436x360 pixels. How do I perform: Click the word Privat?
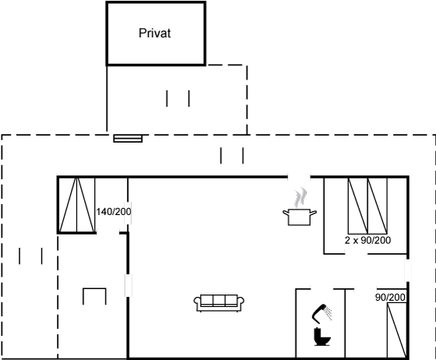pos(155,33)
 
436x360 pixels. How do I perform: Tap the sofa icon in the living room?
pos(219,303)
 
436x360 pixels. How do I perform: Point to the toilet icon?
pos(322,337)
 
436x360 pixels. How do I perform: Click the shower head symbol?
pos(322,313)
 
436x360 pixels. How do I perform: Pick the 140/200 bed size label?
pos(114,212)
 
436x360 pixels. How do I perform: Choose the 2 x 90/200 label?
pos(367,240)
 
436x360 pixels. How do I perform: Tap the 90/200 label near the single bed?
pos(390,297)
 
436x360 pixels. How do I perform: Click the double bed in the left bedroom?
pos(77,205)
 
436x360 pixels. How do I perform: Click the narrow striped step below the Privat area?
pos(128,138)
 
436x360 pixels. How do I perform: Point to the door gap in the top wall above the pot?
pos(299,177)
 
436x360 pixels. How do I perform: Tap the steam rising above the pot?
pos(301,197)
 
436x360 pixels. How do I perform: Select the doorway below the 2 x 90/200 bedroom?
pos(357,254)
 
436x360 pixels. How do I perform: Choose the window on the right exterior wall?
pos(408,270)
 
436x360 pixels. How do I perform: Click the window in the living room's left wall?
pos(128,285)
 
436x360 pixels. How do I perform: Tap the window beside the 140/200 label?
pos(128,213)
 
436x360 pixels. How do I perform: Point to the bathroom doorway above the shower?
pos(322,289)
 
